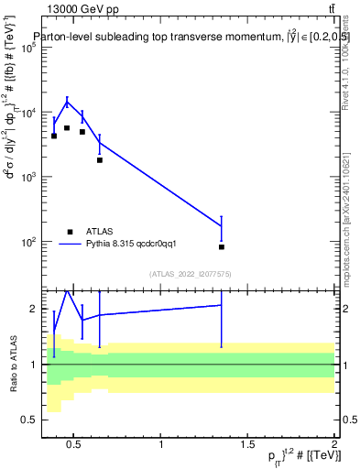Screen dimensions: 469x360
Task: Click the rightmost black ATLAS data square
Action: (x=222, y=247)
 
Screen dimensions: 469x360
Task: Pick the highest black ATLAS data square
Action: (x=67, y=128)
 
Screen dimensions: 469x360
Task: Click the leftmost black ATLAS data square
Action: (x=54, y=136)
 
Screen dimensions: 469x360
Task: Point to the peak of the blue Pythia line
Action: (x=67, y=101)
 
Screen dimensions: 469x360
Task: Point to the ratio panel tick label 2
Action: (x=31, y=309)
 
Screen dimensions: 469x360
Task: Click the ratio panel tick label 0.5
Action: (x=27, y=420)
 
